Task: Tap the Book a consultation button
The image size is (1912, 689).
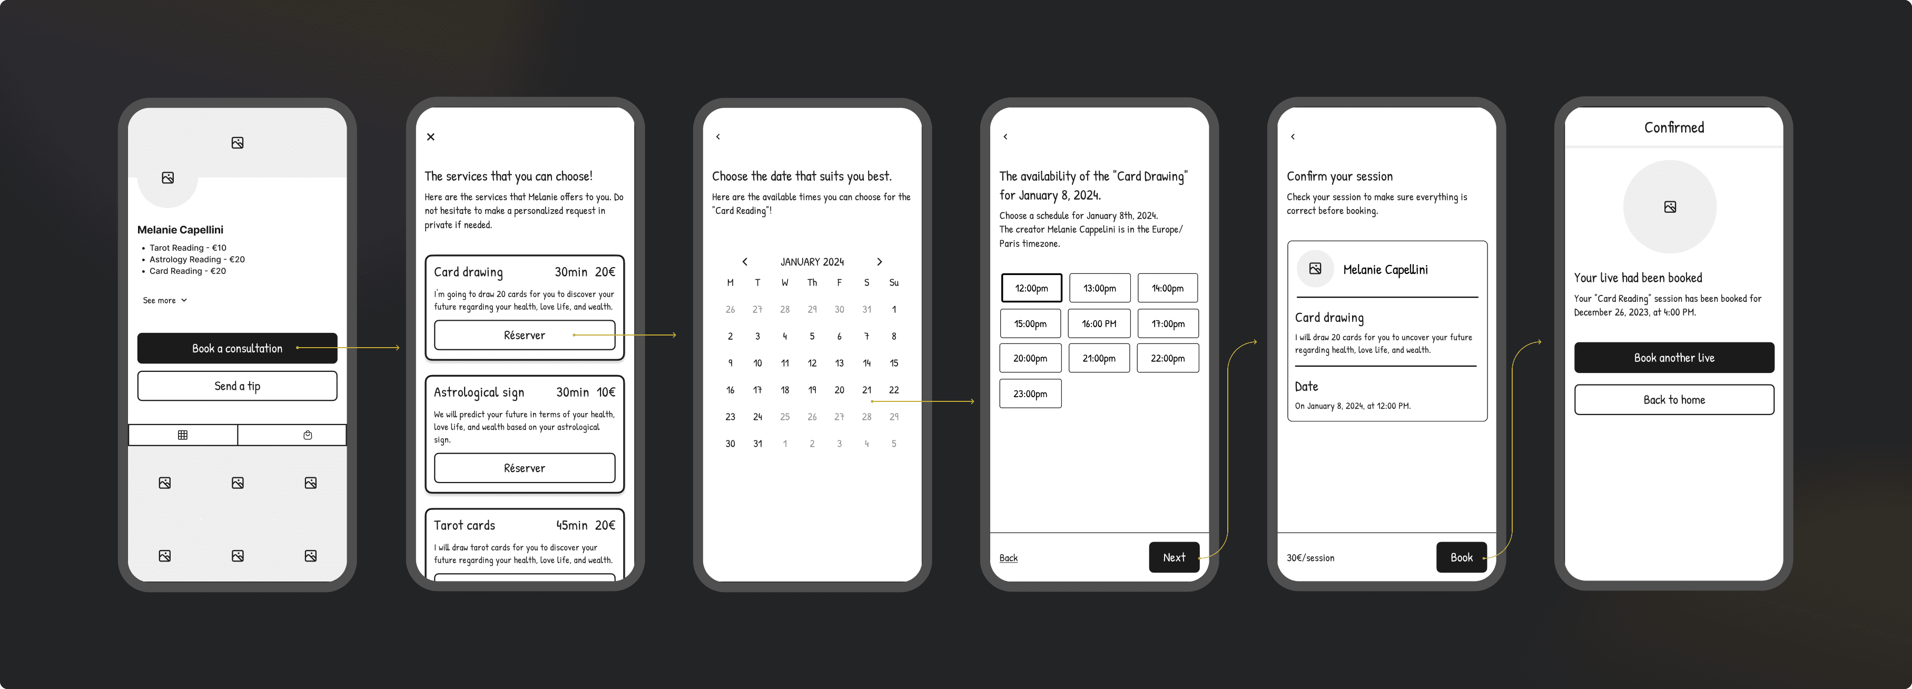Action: [x=237, y=348]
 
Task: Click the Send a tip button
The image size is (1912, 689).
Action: [x=237, y=386]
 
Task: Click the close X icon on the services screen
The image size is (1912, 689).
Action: [x=430, y=136]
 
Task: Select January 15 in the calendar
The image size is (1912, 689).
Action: [x=894, y=363]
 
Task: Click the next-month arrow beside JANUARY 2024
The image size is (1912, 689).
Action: [x=880, y=261]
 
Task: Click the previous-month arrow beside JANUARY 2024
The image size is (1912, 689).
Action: [x=744, y=261]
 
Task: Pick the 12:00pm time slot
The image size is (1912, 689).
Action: [x=1031, y=288]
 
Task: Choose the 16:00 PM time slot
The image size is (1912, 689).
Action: [x=1099, y=324]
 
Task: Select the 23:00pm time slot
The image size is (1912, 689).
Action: [x=1030, y=393]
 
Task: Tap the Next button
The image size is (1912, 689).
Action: [x=1174, y=558]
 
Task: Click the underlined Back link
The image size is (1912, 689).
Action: [x=1008, y=558]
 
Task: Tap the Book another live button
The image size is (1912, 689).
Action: [x=1674, y=358]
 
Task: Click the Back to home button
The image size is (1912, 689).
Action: [x=1674, y=399]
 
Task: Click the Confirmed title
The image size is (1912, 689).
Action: [x=1674, y=127]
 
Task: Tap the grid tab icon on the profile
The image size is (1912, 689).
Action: [x=183, y=435]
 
